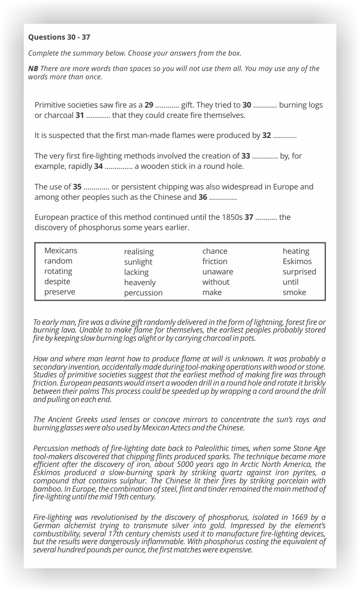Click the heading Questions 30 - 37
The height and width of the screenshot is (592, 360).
[x=59, y=37]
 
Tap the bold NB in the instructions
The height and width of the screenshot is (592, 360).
[x=33, y=68]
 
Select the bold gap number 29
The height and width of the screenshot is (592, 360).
[x=149, y=105]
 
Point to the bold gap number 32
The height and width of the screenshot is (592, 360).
[x=267, y=135]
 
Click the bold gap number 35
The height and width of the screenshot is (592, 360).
[x=77, y=187]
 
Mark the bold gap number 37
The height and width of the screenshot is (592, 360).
[x=249, y=217]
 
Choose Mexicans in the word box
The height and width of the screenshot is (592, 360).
[x=61, y=251]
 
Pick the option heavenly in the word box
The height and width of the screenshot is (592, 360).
[x=140, y=282]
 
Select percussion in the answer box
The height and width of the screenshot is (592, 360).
[x=143, y=292]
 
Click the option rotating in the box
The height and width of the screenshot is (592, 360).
[x=58, y=271]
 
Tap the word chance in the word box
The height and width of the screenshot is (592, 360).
[x=215, y=251]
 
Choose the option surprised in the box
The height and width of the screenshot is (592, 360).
[x=299, y=271]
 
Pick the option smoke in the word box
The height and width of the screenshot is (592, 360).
[x=294, y=292]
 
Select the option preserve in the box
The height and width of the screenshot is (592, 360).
[x=60, y=292]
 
